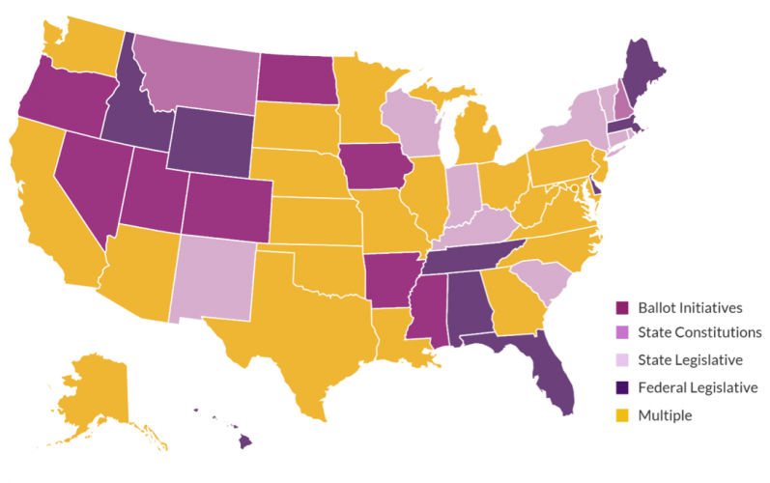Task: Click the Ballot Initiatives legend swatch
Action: click(x=623, y=308)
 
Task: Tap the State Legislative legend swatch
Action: click(x=623, y=361)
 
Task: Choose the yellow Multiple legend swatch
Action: click(x=623, y=415)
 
